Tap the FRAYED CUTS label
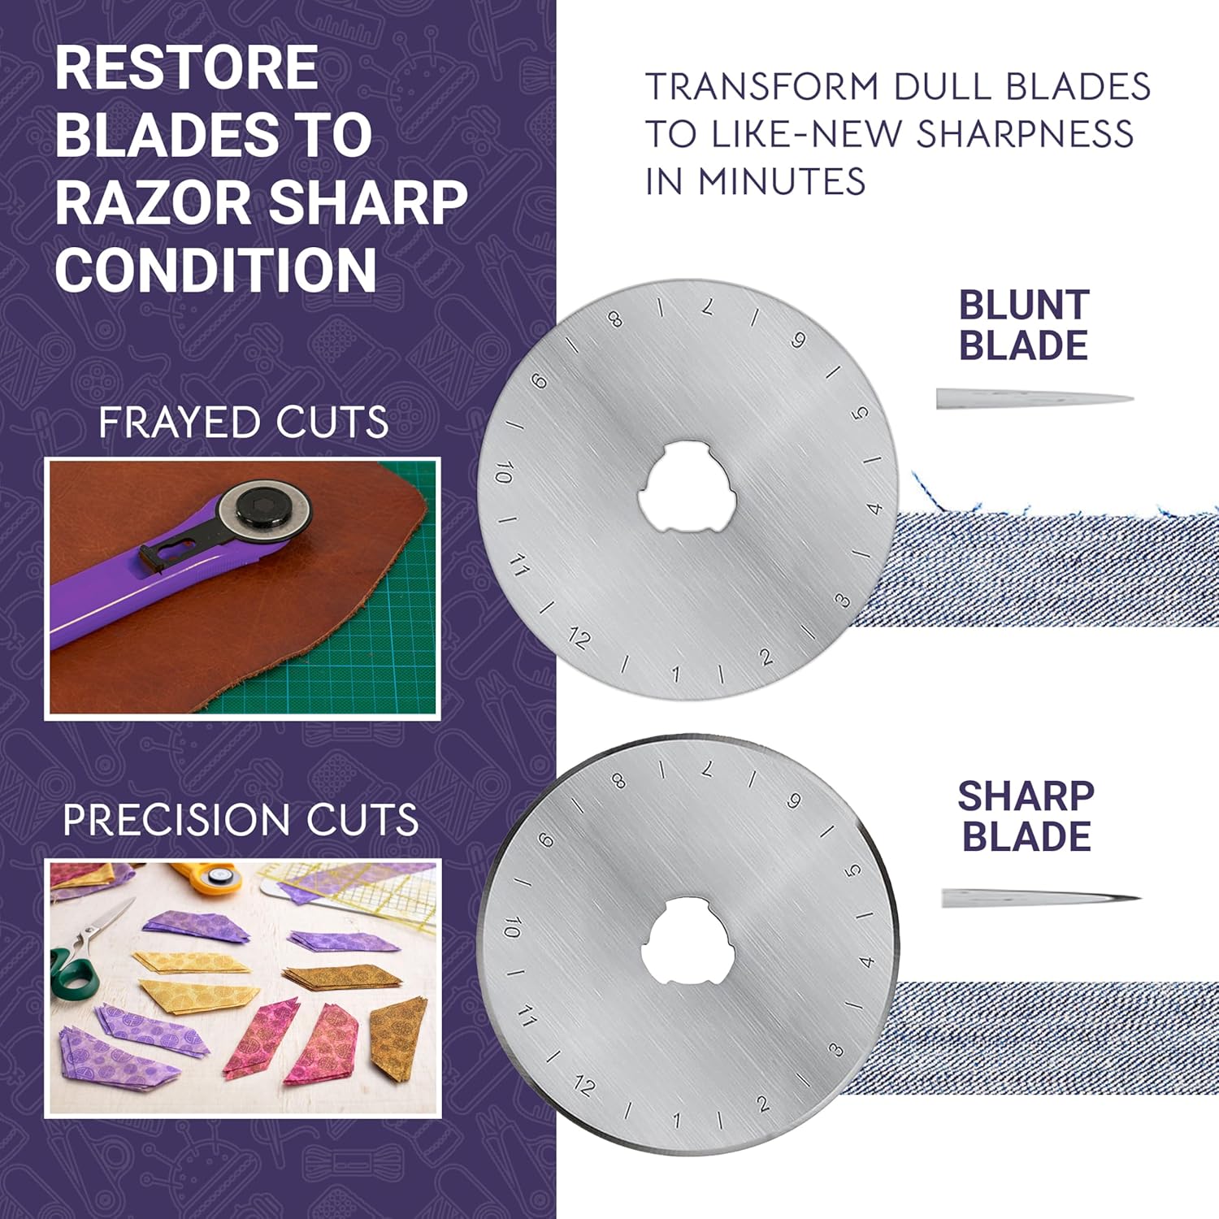243,423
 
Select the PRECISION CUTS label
241,819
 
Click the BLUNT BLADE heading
1024,325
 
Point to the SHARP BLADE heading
1026,816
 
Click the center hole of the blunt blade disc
687,487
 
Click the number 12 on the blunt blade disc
579,638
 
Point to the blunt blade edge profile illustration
1035,398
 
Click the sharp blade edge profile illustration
1041,898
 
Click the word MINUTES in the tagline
781,181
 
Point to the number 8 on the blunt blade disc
615,319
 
